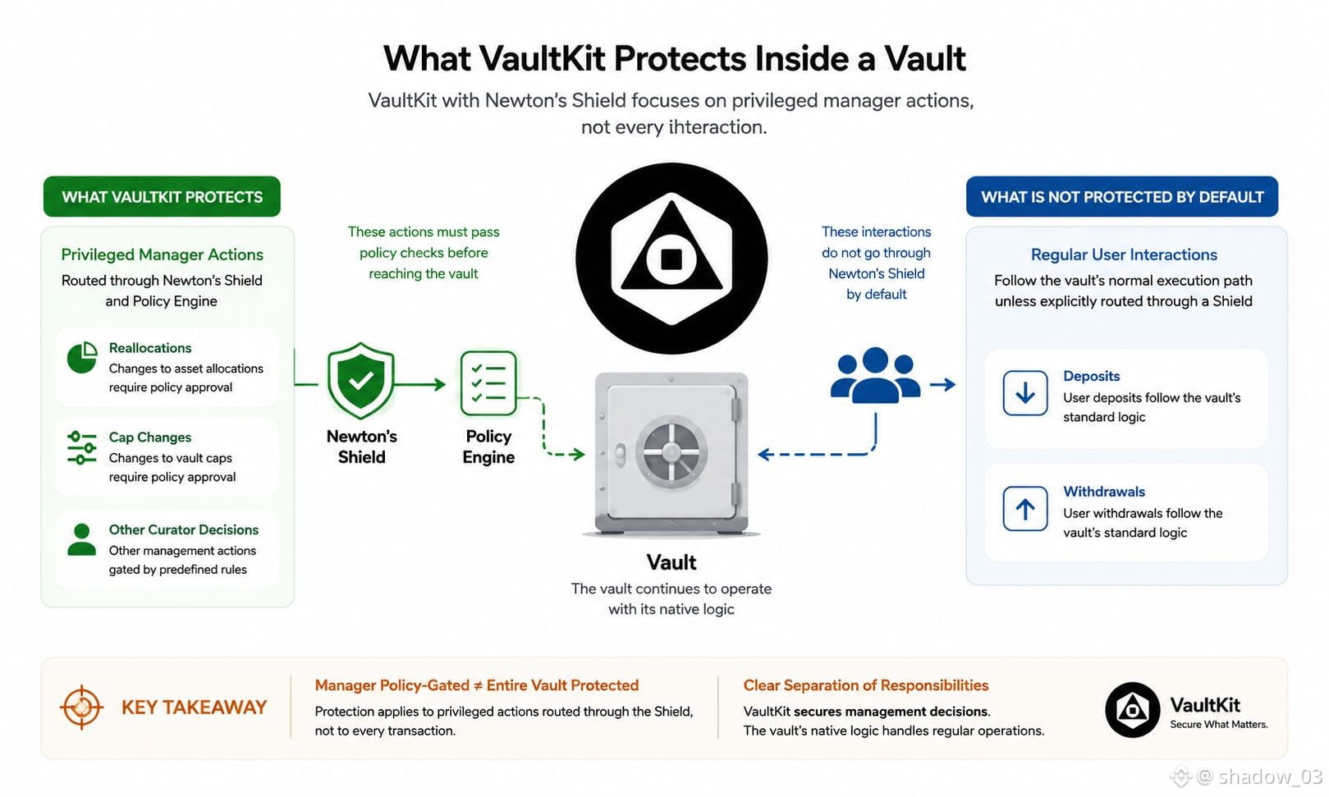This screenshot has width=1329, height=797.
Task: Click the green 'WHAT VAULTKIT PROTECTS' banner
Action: [x=162, y=196]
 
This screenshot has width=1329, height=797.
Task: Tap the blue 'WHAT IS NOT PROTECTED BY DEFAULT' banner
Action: [x=1122, y=196]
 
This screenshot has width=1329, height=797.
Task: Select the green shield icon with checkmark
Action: [x=360, y=380]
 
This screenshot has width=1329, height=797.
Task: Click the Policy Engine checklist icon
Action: [x=488, y=382]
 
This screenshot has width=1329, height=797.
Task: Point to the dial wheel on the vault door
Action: [x=671, y=452]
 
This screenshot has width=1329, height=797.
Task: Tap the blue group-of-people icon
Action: [x=875, y=376]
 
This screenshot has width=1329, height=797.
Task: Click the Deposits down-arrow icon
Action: [x=1025, y=393]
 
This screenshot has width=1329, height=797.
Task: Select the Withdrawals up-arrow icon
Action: [x=1025, y=509]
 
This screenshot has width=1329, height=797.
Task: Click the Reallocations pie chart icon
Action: [x=82, y=357]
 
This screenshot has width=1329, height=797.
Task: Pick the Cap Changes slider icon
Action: [x=82, y=447]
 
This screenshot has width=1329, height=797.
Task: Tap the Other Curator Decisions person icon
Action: [x=82, y=539]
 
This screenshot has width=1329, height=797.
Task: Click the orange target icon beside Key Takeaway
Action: [x=81, y=707]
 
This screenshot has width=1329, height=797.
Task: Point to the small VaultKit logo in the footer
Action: [x=1132, y=710]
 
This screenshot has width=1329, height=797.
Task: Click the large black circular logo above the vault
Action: [x=671, y=259]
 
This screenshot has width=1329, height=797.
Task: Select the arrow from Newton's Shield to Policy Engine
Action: [x=420, y=385]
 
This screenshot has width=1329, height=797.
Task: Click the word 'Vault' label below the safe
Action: [x=671, y=562]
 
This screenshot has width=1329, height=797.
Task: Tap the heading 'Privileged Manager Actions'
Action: [x=162, y=254]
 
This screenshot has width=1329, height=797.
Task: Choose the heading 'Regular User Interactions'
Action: [x=1124, y=254]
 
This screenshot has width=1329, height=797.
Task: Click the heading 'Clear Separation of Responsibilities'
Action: [x=866, y=685]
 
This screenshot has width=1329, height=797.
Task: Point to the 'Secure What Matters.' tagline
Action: [x=1219, y=724]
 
